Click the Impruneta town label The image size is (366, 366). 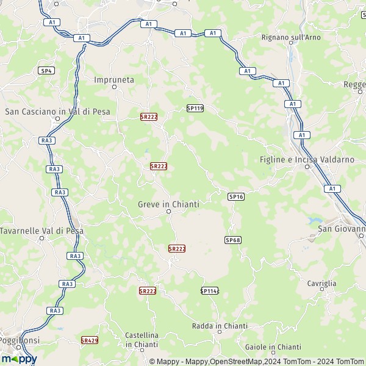(113, 79)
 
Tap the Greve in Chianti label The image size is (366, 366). (169, 204)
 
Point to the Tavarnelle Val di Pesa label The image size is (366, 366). (41, 231)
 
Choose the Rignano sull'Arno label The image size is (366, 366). (290, 37)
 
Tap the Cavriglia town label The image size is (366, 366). (322, 283)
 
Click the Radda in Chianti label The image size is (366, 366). (219, 326)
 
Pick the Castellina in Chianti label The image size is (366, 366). (142, 340)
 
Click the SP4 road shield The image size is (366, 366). (46, 71)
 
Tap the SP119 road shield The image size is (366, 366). (195, 108)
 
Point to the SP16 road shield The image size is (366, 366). (236, 196)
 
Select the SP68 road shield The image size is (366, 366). (233, 240)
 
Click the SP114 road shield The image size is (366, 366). (209, 291)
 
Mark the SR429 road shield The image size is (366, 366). (90, 340)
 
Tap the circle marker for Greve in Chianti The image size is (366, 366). (169, 212)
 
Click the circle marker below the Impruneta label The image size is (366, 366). (113, 87)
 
